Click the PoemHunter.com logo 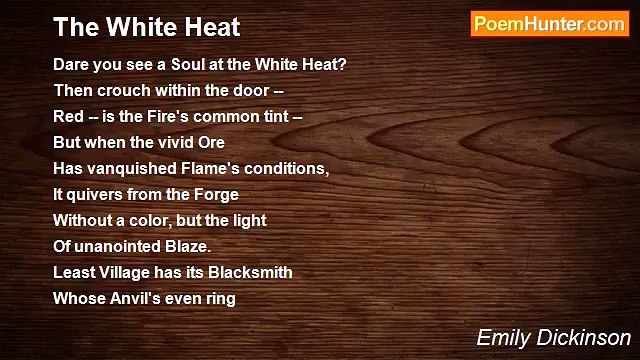[548, 24]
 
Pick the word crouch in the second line [122, 90]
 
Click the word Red [68, 116]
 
